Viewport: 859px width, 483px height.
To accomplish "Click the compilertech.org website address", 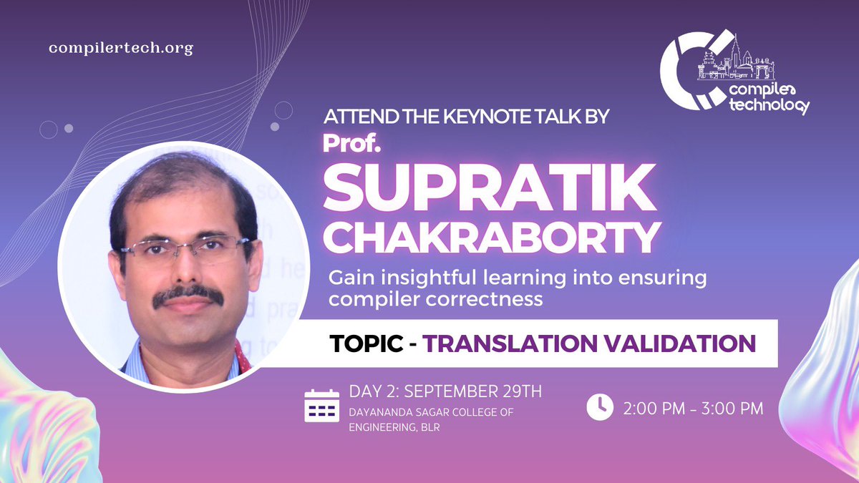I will click(121, 48).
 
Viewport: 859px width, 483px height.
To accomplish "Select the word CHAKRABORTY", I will click(490, 239).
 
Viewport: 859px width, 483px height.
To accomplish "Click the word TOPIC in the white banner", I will click(366, 343).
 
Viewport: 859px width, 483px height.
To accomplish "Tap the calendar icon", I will click(322, 405).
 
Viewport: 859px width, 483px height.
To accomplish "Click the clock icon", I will click(600, 407).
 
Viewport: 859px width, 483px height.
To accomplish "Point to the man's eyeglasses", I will click(184, 250).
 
